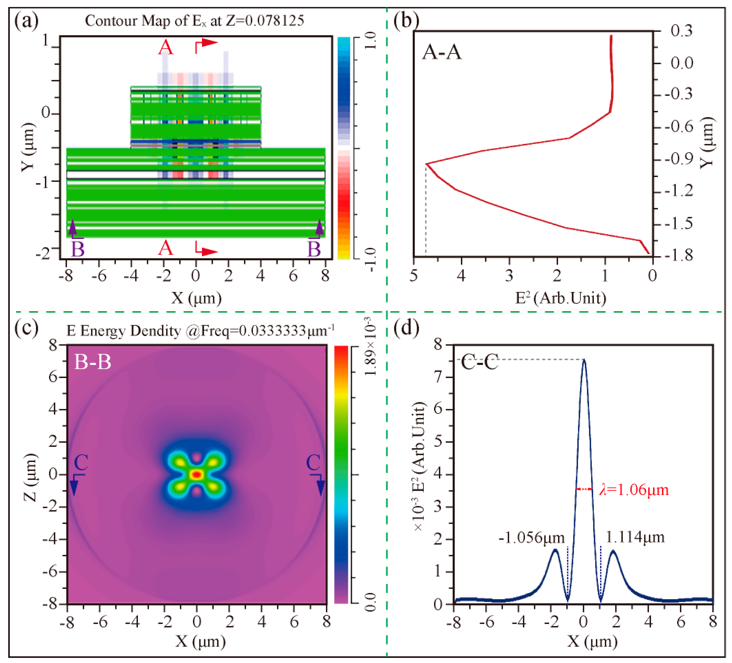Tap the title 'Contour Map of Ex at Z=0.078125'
(x=194, y=21)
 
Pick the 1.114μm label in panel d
(x=635, y=537)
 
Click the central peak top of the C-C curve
(x=584, y=360)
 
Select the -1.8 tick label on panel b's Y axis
(x=679, y=255)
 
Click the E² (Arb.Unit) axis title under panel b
(x=561, y=298)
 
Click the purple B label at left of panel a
(x=77, y=249)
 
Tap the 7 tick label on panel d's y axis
(x=438, y=377)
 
